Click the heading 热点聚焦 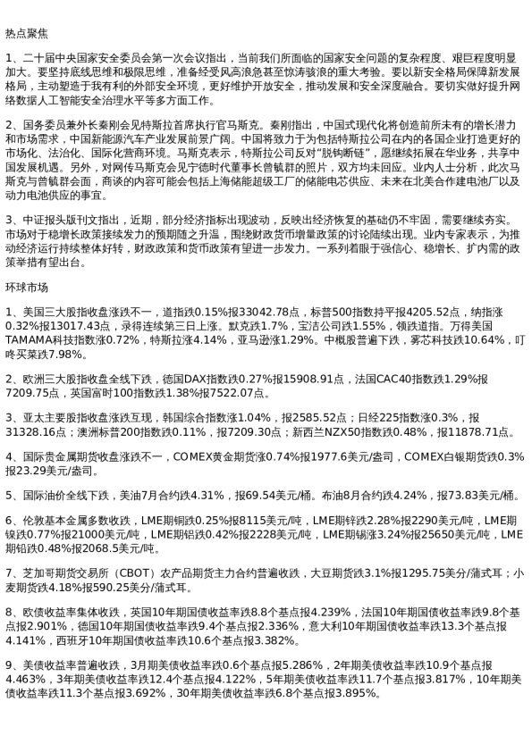27,33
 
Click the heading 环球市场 27,288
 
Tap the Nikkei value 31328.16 32,430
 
